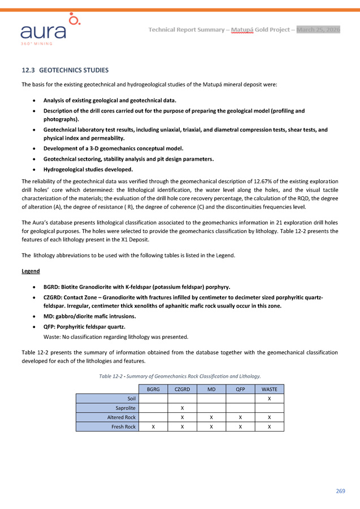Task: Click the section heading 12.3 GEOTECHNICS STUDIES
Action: (65, 71)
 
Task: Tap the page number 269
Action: (340, 490)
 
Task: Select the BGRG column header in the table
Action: (153, 389)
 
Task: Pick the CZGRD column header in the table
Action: (182, 389)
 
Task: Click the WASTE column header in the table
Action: (269, 389)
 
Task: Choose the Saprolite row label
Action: (125, 408)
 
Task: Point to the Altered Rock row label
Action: (122, 417)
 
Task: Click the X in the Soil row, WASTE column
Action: (269, 399)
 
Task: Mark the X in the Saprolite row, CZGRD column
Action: (182, 408)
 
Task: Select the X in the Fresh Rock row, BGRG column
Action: (153, 427)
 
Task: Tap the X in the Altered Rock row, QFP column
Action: (240, 417)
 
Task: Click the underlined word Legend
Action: (31, 271)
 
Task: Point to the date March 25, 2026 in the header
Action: (318, 29)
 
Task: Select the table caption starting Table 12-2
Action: (179, 376)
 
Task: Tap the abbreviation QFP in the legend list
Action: (50, 327)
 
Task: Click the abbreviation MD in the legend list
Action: (48, 316)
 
